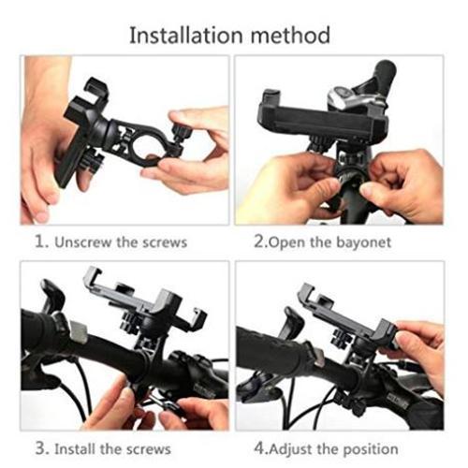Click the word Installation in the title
pyautogui.click(x=186, y=35)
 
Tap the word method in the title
pyautogui.click(x=290, y=35)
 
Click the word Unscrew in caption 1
pyautogui.click(x=82, y=242)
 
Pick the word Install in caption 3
pyautogui.click(x=75, y=449)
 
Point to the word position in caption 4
pyautogui.click(x=371, y=450)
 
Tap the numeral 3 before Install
pyautogui.click(x=42, y=448)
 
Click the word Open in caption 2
pyautogui.click(x=287, y=243)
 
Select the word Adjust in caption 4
pyautogui.click(x=290, y=450)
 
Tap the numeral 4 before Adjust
pyautogui.click(x=260, y=449)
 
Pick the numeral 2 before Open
pyautogui.click(x=260, y=241)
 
